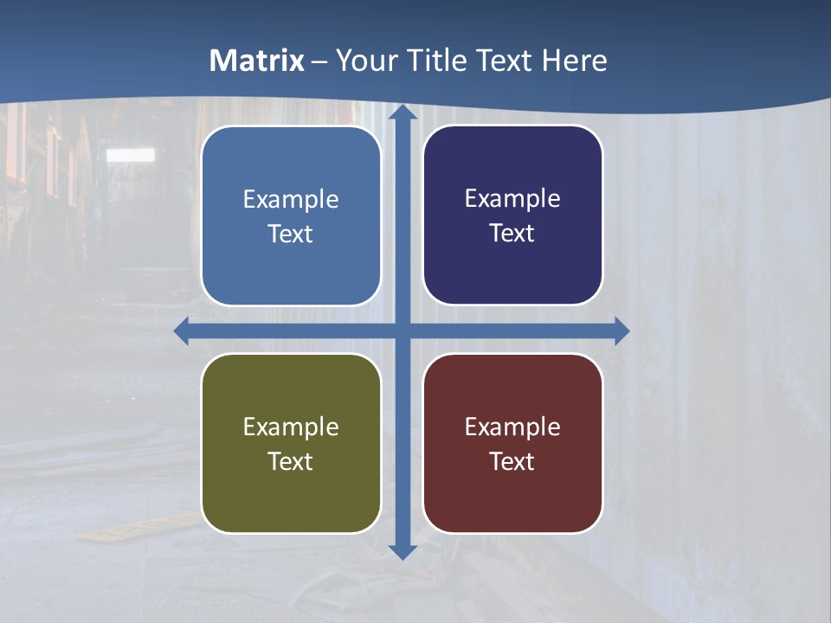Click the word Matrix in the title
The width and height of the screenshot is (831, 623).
coord(257,61)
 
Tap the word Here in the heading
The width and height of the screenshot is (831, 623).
coord(575,61)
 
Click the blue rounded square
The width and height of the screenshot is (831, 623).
coord(291,216)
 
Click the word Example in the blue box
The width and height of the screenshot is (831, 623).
coord(291,200)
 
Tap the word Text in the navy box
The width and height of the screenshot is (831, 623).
coord(512,234)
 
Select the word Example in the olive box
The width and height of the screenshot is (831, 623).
coord(291,427)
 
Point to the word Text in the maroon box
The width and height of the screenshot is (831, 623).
coord(512,462)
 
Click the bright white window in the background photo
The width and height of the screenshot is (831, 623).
coord(131,155)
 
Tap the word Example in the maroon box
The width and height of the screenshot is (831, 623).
coord(512,427)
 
